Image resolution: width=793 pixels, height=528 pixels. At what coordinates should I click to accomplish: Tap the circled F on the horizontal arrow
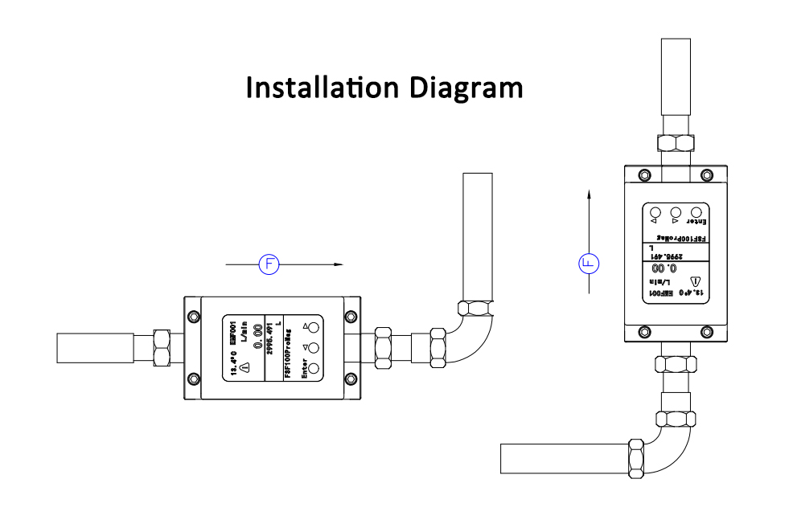pos(268,264)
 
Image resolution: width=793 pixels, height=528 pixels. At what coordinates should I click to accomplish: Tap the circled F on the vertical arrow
pos(590,262)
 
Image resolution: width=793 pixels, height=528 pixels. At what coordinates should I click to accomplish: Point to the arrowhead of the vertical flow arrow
pos(590,194)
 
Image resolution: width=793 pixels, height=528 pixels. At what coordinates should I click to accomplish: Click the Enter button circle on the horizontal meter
pos(314,369)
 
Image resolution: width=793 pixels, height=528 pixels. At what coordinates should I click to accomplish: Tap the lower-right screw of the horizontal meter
pos(349,379)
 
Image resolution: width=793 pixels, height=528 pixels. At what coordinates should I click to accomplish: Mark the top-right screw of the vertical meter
pos(706,175)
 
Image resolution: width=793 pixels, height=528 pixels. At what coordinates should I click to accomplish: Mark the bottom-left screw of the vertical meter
pos(643,331)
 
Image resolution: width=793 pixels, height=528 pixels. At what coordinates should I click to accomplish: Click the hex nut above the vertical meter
pos(676,144)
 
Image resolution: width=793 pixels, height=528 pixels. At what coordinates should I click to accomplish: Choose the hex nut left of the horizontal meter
pos(161,347)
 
